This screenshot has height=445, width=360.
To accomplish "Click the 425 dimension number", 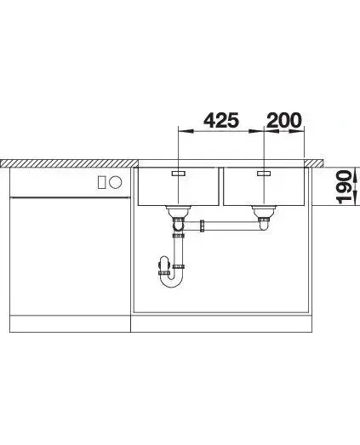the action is [x=221, y=120].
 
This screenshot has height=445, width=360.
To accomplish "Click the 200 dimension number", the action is [x=284, y=120].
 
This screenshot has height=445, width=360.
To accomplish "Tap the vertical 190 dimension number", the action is [x=344, y=187].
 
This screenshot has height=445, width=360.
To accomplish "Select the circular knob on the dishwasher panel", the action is [x=116, y=182].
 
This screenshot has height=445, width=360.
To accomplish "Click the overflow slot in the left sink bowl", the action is [x=178, y=174].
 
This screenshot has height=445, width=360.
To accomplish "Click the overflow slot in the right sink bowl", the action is [x=264, y=174].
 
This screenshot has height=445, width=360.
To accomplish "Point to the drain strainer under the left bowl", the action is [x=179, y=211].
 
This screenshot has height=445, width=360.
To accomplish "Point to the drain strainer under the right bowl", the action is [x=265, y=211].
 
